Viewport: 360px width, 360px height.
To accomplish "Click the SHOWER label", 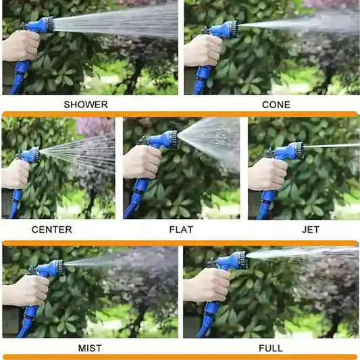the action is (86, 105).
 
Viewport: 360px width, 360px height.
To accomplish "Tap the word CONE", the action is (276, 105).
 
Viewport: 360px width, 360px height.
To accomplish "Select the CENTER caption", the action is (51, 230).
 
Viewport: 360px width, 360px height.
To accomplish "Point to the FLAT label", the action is (181, 230).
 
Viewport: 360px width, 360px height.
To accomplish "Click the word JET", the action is (311, 230).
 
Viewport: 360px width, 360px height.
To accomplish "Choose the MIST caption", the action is (90, 349).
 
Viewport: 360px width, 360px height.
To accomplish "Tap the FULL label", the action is (270, 349).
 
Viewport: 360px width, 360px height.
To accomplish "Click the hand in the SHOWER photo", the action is (21, 46).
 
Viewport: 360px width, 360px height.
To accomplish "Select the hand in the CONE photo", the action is (203, 51).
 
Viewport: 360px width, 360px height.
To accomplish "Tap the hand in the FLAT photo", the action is (142, 162).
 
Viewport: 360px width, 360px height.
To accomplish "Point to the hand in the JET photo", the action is (267, 174).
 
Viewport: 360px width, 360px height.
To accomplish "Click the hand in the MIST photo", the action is (26, 290).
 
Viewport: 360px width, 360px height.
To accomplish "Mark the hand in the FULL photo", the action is (207, 285).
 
